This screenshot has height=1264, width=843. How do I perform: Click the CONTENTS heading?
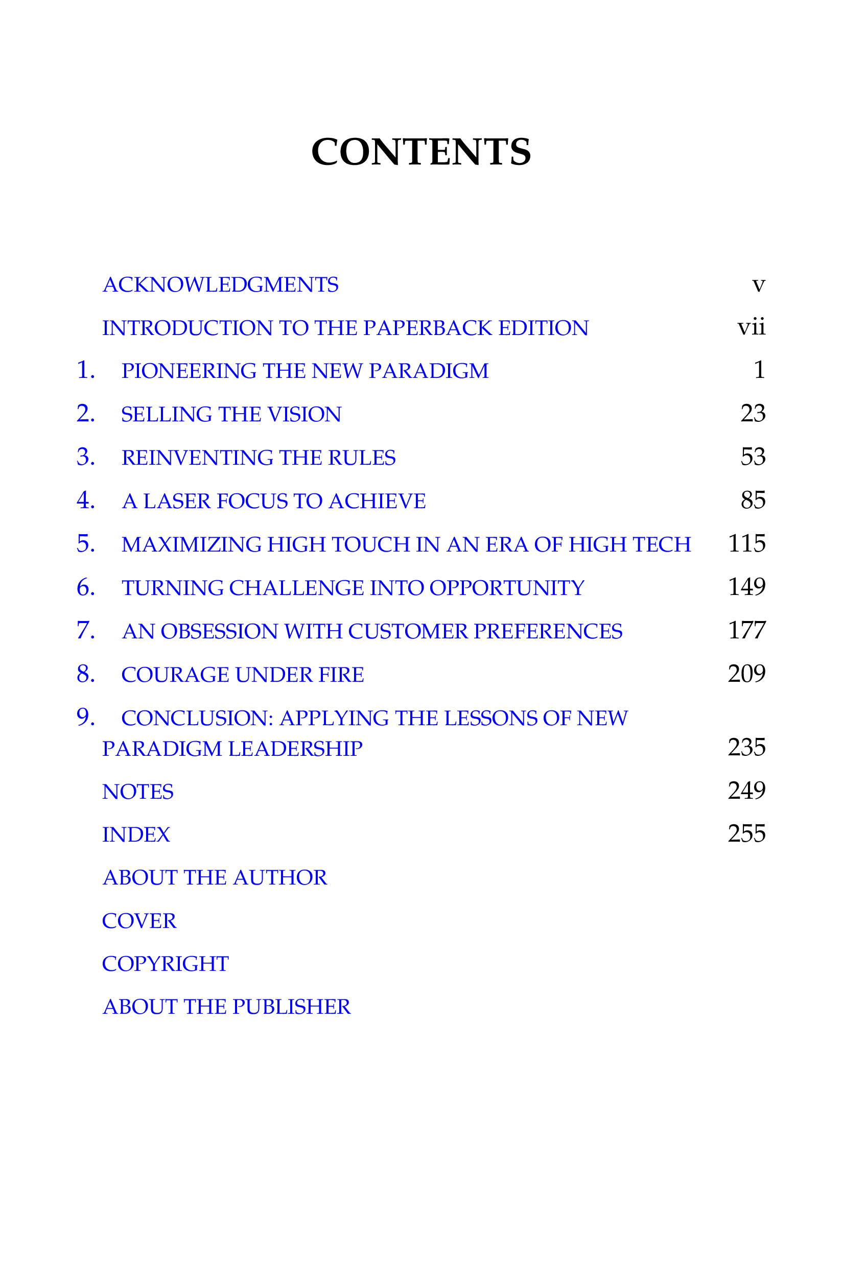coord(421,152)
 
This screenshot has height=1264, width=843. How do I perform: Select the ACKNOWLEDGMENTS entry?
coord(220,285)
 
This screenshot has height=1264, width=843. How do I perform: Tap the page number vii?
coord(751,327)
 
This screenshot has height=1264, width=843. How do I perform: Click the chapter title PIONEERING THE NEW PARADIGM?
coord(305,371)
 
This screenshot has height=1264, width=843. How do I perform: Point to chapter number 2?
coord(86,413)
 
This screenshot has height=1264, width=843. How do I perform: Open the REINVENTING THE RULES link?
coord(259,458)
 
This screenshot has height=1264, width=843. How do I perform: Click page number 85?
coord(753,500)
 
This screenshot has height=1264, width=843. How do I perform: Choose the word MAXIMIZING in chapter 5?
coord(192,544)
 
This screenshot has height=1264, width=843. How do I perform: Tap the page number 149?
coord(747,587)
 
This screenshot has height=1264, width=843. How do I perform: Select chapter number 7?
coord(86,630)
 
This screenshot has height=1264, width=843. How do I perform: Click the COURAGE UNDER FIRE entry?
coord(243,675)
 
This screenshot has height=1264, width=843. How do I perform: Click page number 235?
coord(747,748)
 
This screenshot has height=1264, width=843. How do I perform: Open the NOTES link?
coord(137,792)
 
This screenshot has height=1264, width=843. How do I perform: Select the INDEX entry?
coord(136,835)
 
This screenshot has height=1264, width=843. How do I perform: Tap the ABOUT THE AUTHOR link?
coord(215,878)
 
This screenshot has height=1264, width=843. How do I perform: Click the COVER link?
coord(139,921)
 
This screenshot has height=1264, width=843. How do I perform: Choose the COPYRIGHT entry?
coord(166,964)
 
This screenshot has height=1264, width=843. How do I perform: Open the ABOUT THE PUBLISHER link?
coord(226,1007)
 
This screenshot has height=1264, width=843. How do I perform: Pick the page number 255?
coord(747,834)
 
